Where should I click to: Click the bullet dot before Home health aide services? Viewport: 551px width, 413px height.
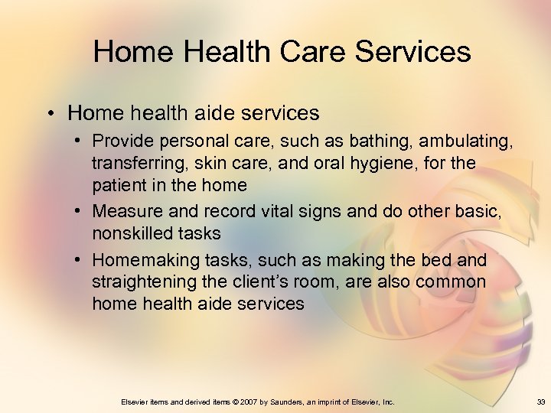(x=51, y=114)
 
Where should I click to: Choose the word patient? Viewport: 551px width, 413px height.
(x=119, y=185)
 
